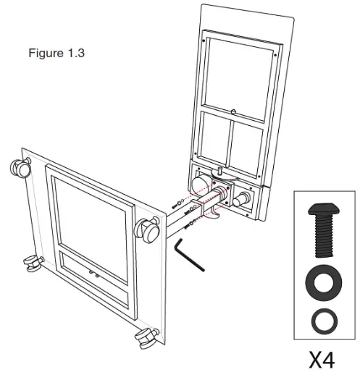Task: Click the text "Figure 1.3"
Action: (x=56, y=54)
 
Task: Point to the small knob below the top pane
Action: (x=235, y=111)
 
